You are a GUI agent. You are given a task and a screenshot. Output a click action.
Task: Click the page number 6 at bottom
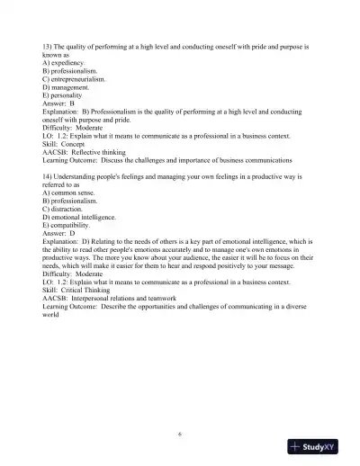(180, 434)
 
